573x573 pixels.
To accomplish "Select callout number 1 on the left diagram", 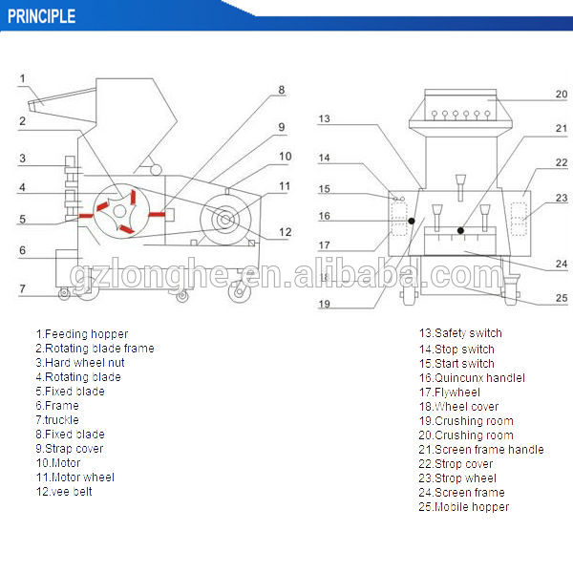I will tap(24, 79).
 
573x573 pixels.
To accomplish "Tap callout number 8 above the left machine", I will tap(282, 91).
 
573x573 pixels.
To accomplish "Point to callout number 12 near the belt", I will tap(285, 231).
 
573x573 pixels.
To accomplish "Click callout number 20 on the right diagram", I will tap(562, 95).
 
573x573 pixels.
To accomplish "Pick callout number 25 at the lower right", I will tap(562, 298).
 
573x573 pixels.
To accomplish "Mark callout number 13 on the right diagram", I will tap(325, 119).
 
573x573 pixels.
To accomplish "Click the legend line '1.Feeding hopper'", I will tap(81, 333).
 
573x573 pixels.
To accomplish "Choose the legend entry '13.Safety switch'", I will tap(459, 333).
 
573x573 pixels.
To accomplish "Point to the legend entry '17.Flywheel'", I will tap(449, 392).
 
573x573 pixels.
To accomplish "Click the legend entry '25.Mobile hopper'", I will tap(463, 506).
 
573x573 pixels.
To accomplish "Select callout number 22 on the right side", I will tap(562, 163).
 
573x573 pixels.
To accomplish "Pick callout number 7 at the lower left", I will tap(22, 287).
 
